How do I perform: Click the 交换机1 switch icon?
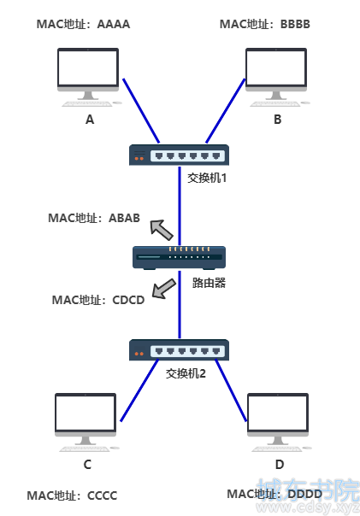click(x=179, y=155)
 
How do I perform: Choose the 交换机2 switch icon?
click(x=179, y=349)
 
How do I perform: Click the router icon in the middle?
click(x=180, y=258)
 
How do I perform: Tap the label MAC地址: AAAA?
click(x=83, y=24)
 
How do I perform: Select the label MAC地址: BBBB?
click(x=265, y=24)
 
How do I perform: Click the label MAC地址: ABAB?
click(x=94, y=218)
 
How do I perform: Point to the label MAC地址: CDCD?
click(x=98, y=300)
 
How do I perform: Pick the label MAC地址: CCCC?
click(x=72, y=495)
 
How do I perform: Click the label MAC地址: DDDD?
click(x=274, y=494)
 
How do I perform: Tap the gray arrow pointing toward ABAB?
click(x=162, y=230)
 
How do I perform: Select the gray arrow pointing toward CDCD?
click(x=164, y=289)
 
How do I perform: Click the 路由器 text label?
click(x=209, y=283)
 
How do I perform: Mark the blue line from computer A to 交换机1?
click(x=141, y=111)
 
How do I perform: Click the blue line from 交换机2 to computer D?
click(x=231, y=390)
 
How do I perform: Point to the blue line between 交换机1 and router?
click(x=180, y=206)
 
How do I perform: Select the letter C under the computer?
click(x=87, y=465)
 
